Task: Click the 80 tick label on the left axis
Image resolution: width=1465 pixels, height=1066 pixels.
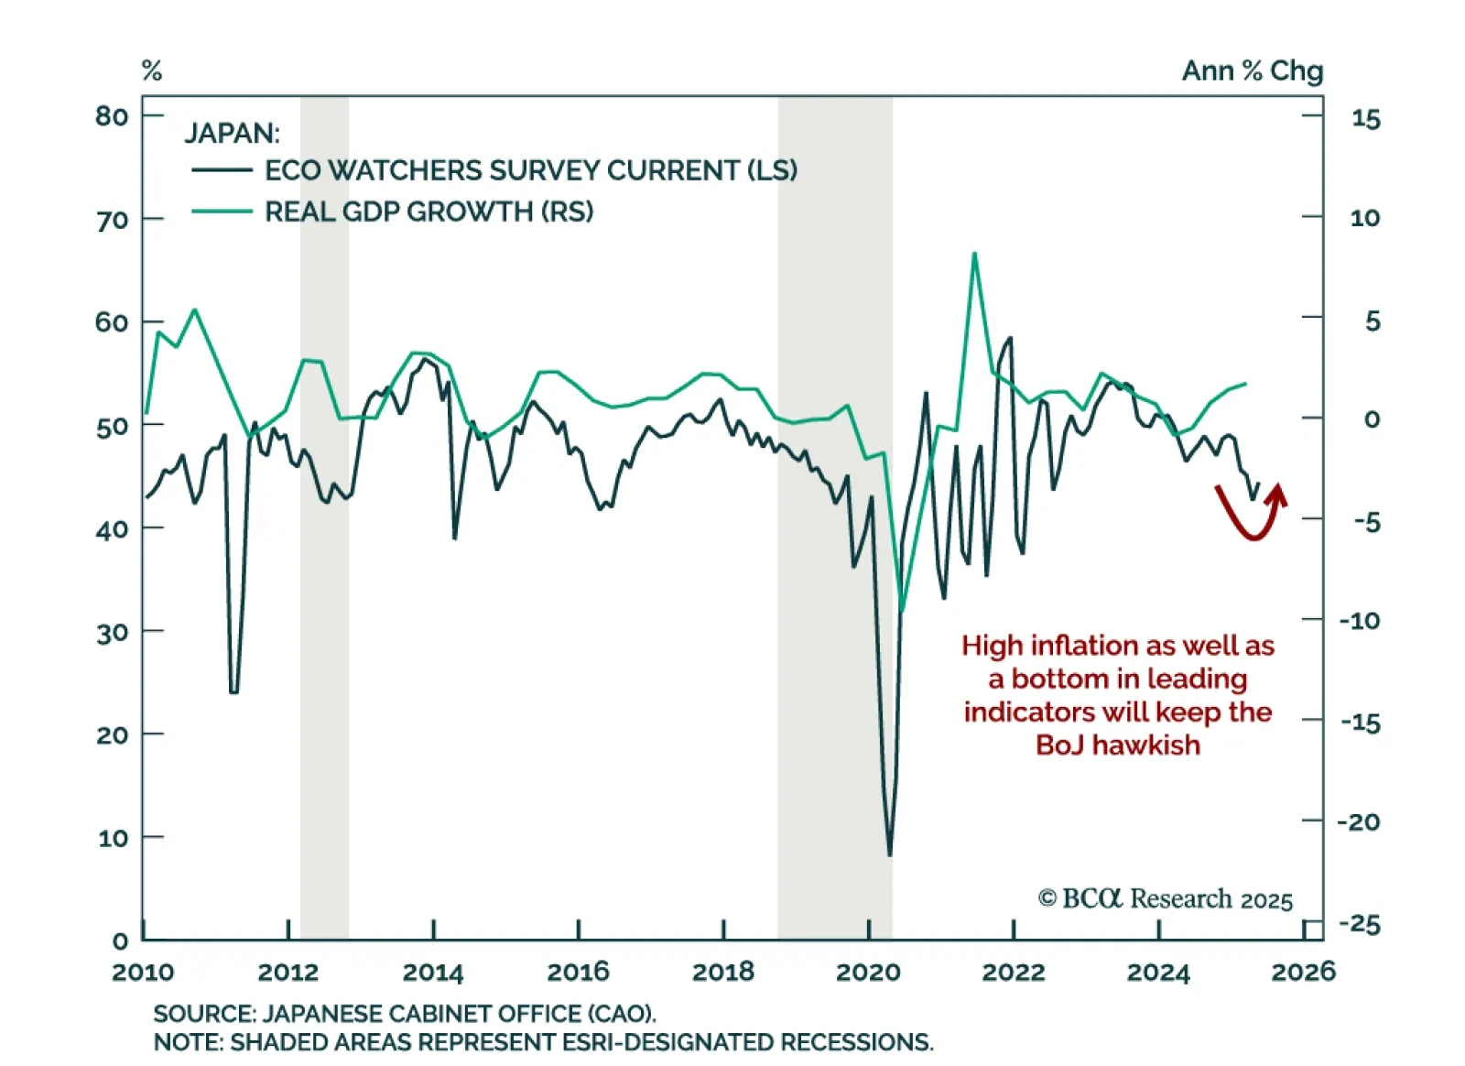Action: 112,116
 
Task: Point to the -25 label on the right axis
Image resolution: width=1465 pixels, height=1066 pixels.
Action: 1360,925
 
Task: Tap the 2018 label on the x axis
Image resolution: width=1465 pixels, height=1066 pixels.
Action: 723,972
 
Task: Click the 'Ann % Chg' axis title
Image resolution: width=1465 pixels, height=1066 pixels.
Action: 1252,71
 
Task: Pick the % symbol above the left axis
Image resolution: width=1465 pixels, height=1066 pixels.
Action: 152,71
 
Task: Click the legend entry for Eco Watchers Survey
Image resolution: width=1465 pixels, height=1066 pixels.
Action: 530,170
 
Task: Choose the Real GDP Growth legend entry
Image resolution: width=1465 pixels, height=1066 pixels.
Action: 429,212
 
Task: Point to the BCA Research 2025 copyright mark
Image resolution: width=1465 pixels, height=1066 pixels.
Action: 1165,899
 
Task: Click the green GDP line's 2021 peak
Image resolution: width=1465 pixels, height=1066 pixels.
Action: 974,254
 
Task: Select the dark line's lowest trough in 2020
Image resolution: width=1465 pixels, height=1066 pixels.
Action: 889,854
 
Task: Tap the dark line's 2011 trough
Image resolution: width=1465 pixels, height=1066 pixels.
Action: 233,691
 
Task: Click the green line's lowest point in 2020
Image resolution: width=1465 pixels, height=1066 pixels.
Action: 902,610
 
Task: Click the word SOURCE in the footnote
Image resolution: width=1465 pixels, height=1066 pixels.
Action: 203,1014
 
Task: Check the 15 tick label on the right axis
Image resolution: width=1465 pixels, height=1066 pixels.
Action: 1365,119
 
